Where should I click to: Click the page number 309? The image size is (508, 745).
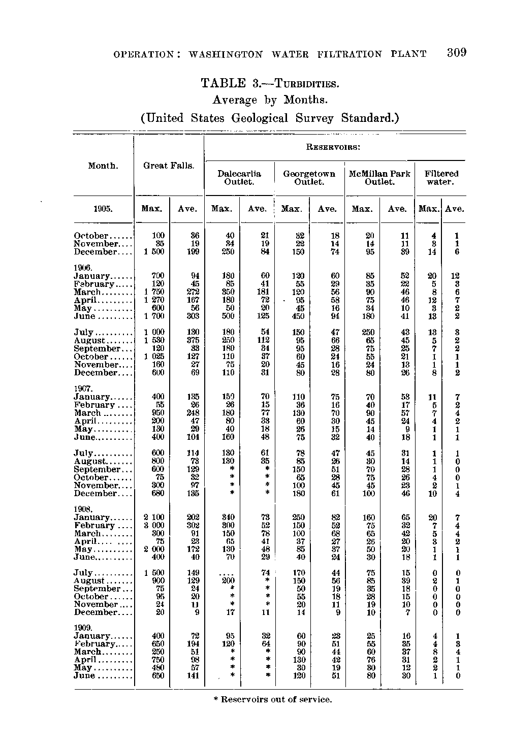pyautogui.click(x=457, y=53)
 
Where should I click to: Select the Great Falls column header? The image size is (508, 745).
pyautogui.click(x=169, y=166)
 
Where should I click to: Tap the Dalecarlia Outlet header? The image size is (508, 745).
pyautogui.click(x=239, y=178)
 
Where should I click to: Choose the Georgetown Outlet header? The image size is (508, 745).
pyautogui.click(x=309, y=178)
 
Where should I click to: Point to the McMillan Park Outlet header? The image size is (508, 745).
pyautogui.click(x=379, y=178)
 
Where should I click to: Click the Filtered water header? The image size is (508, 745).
pyautogui.click(x=441, y=178)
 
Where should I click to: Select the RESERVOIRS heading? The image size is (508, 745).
pyautogui.click(x=334, y=148)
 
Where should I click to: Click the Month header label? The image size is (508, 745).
pyautogui.click(x=103, y=166)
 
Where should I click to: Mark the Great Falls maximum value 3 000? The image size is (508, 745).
pyautogui.click(x=154, y=525)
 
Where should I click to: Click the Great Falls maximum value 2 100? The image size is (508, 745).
pyautogui.click(x=154, y=517)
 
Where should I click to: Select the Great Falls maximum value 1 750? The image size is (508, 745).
pyautogui.click(x=154, y=293)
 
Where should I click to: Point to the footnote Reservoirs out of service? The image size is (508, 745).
pyautogui.click(x=272, y=700)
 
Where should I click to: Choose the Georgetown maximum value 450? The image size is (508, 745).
pyautogui.click(x=298, y=316)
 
